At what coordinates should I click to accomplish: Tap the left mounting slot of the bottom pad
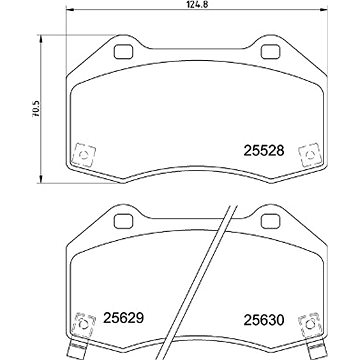coord(125,217)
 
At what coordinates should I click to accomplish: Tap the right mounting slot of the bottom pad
coord(271,217)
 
